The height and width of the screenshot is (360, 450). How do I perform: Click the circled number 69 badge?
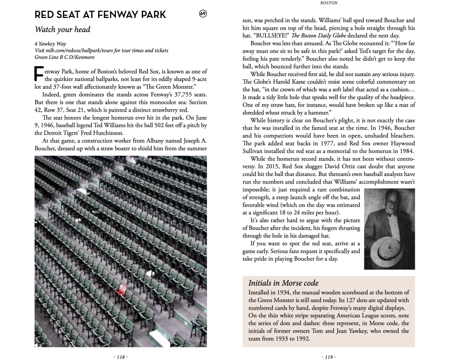[203, 14]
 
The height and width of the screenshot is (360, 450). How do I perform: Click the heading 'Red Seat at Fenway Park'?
[100, 15]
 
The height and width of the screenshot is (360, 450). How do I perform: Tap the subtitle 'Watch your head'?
[63, 30]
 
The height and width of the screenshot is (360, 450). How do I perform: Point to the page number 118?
[121, 357]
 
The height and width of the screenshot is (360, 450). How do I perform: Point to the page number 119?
[328, 357]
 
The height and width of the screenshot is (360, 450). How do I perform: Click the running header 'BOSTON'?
[328, 3]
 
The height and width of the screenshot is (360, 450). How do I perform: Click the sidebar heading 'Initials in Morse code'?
[283, 283]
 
